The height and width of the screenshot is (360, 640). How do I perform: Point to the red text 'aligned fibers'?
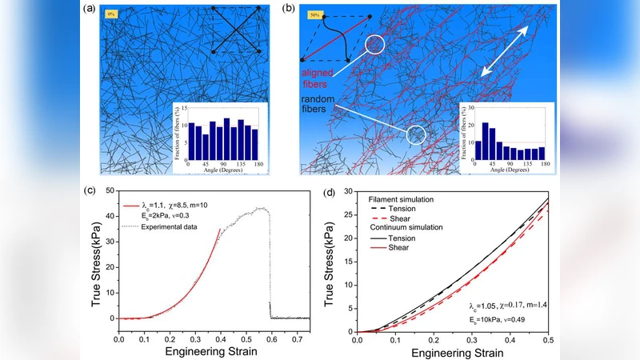click(318, 77)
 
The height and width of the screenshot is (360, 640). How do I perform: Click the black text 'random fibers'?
click(319, 104)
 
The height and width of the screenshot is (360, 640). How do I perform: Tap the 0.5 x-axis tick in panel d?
click(546, 339)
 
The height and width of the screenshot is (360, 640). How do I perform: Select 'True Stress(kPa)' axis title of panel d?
click(330, 261)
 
